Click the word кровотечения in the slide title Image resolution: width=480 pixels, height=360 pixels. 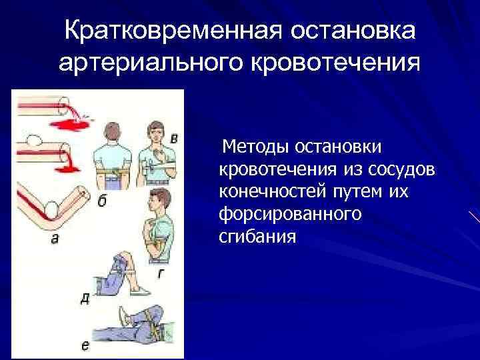pos(337,65)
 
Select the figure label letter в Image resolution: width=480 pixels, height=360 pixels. pos(174,139)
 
